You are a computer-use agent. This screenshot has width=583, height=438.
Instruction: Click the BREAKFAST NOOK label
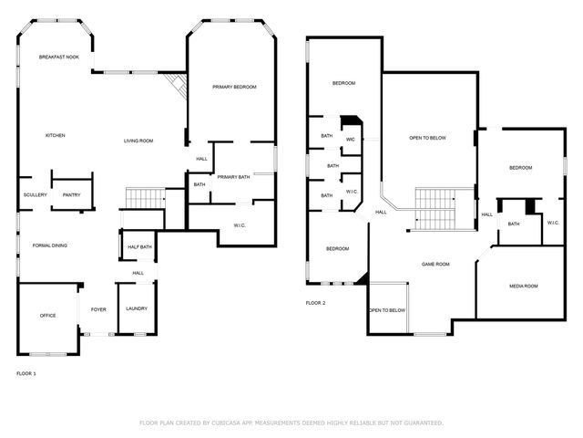(x=58, y=57)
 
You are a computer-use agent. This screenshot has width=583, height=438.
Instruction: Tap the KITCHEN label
(x=56, y=136)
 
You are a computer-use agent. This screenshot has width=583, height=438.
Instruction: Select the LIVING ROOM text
(x=138, y=141)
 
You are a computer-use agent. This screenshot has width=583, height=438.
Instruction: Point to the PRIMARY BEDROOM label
(x=234, y=87)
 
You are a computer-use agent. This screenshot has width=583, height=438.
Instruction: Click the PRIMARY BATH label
(x=233, y=177)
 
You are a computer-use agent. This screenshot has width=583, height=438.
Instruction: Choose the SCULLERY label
(x=36, y=195)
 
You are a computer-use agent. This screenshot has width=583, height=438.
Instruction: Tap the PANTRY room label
(x=71, y=195)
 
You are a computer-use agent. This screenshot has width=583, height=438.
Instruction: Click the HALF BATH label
(x=139, y=247)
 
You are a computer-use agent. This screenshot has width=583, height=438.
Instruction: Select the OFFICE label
(x=47, y=316)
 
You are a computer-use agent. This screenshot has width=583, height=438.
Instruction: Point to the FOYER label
(x=98, y=309)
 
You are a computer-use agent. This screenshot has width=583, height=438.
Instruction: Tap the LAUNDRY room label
(x=137, y=309)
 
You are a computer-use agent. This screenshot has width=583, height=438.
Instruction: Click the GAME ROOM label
(x=435, y=264)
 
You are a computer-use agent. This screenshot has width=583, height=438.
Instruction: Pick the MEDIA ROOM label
(x=523, y=287)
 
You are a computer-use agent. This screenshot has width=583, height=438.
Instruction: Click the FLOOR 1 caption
(x=27, y=373)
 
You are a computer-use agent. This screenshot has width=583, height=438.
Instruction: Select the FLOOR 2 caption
(x=315, y=303)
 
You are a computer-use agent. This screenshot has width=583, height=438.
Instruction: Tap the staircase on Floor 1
(x=143, y=197)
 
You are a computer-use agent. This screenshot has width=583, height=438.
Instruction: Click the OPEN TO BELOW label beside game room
(x=387, y=310)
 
